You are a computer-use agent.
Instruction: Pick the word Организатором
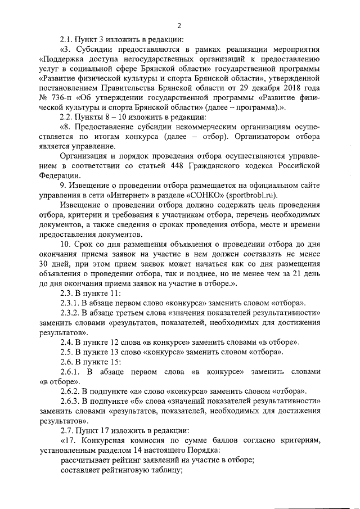pyautogui.click(x=255, y=137)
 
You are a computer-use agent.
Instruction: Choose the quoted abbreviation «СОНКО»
pyautogui.click(x=200, y=195)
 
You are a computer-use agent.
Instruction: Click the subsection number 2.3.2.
pyautogui.click(x=71, y=313)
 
